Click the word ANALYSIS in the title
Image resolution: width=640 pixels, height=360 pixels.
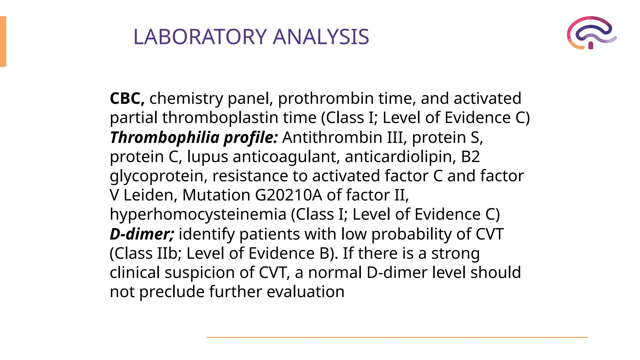(321, 37)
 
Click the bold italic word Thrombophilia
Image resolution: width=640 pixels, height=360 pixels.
(165, 137)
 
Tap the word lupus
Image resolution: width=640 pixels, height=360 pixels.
(207, 157)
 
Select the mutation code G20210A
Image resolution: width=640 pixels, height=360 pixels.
(288, 195)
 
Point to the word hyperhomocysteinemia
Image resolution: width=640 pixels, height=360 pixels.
(198, 215)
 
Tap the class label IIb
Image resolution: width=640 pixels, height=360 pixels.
(167, 253)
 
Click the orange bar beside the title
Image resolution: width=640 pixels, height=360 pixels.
(3, 42)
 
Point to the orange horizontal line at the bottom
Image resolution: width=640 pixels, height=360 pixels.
(397, 337)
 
